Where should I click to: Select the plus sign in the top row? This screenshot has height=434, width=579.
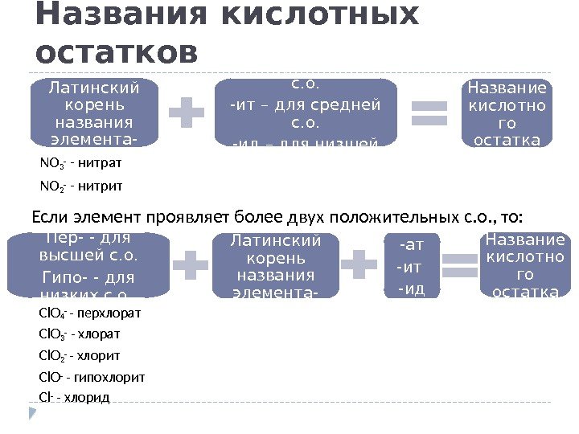[187, 113]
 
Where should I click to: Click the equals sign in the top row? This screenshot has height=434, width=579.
[428, 113]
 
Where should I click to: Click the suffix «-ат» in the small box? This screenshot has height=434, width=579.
[413, 244]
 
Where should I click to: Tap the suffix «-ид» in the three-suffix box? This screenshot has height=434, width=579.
[412, 287]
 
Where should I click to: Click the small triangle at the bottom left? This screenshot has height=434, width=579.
[33, 413]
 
